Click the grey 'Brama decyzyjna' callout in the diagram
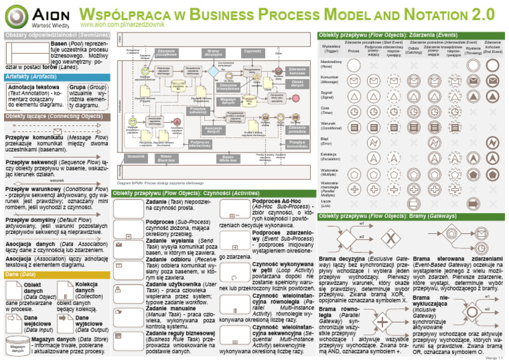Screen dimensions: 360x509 [x=213, y=52]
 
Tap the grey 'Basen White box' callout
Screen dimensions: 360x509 [x=227, y=158]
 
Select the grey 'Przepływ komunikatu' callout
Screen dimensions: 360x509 [x=296, y=143]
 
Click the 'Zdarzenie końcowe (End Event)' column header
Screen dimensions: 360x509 [x=492, y=47]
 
